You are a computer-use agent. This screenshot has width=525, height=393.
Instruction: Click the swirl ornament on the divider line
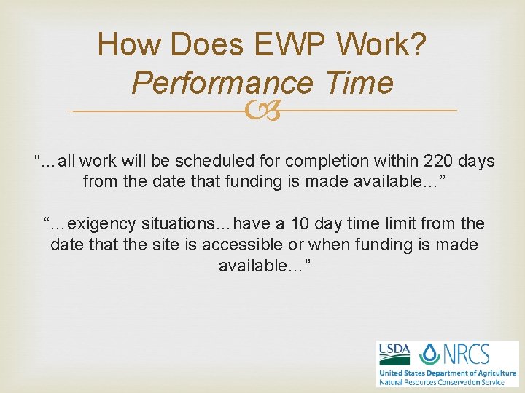[262, 111]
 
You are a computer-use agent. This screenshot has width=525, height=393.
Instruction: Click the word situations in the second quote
[191, 223]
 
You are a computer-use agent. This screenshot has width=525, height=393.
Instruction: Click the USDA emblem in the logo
[394, 354]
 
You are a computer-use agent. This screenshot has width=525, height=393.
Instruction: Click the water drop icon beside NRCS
[431, 354]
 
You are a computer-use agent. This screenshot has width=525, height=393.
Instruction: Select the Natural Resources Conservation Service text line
[446, 381]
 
